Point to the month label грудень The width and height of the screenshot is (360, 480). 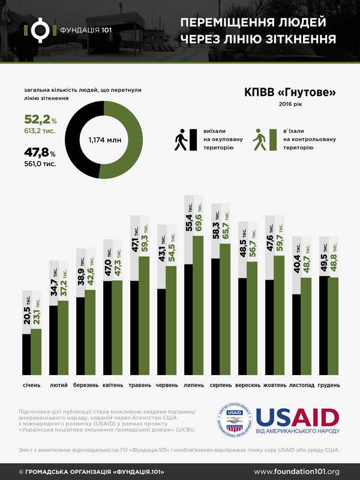click(x=328, y=384)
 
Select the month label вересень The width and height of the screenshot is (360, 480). click(x=248, y=384)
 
